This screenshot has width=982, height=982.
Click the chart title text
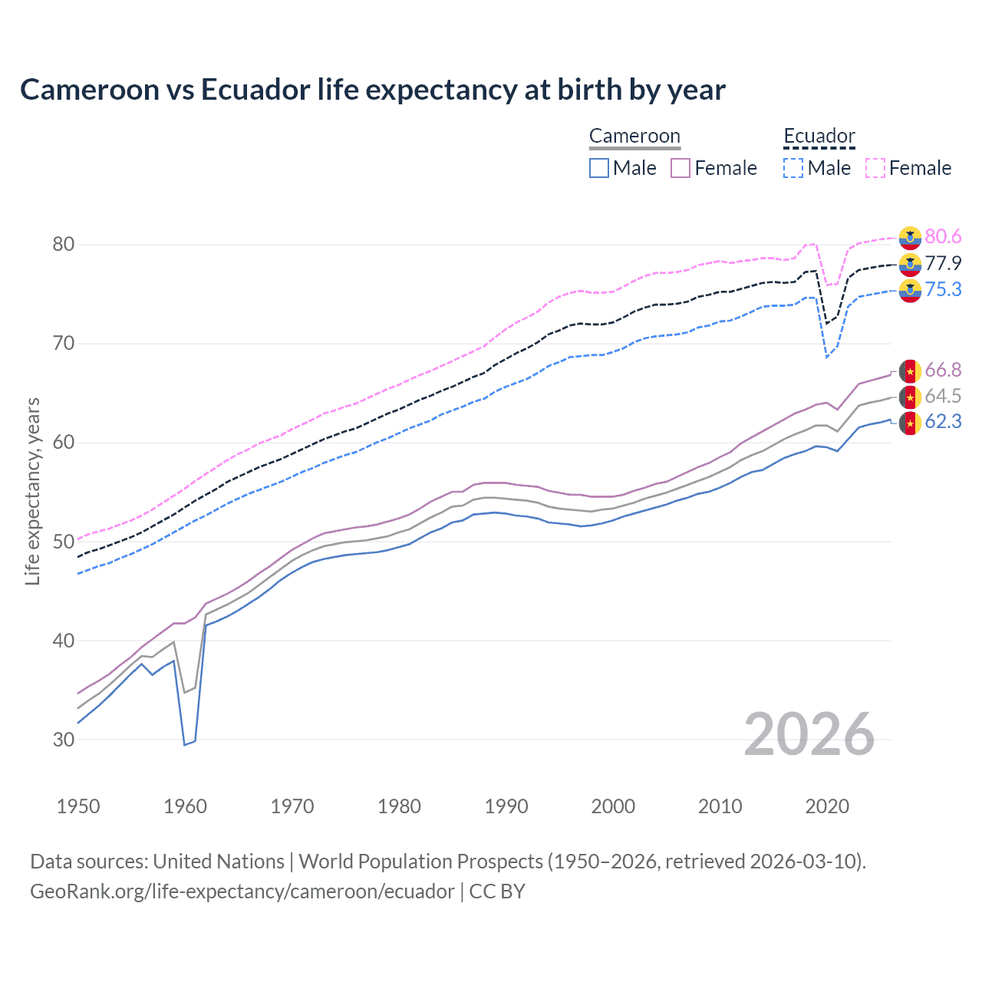(x=373, y=90)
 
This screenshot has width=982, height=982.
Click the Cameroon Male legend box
(x=599, y=168)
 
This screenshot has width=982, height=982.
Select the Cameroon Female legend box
(x=680, y=168)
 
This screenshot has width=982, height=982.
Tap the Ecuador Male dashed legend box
(x=793, y=168)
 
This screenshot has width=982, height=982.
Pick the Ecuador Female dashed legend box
(x=875, y=168)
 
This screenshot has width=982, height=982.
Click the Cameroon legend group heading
(x=634, y=137)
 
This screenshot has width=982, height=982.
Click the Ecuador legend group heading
(x=819, y=137)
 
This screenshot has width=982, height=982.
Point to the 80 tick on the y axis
(x=64, y=245)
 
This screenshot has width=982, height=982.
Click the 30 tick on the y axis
(x=64, y=740)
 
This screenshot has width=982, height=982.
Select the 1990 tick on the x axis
(x=506, y=806)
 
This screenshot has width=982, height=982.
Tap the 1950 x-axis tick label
(x=78, y=806)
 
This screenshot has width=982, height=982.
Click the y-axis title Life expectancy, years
(x=32, y=491)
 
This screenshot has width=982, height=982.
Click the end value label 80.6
(x=943, y=237)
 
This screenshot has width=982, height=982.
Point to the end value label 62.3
(x=943, y=422)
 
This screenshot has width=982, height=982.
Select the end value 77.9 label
(x=943, y=263)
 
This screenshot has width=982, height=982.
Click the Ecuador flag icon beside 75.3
(x=910, y=290)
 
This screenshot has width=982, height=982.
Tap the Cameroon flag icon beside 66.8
(x=910, y=371)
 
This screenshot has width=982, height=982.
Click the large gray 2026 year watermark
(x=809, y=734)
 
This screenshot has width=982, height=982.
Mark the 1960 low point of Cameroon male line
(x=184, y=744)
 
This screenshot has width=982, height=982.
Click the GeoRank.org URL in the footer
(x=242, y=891)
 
